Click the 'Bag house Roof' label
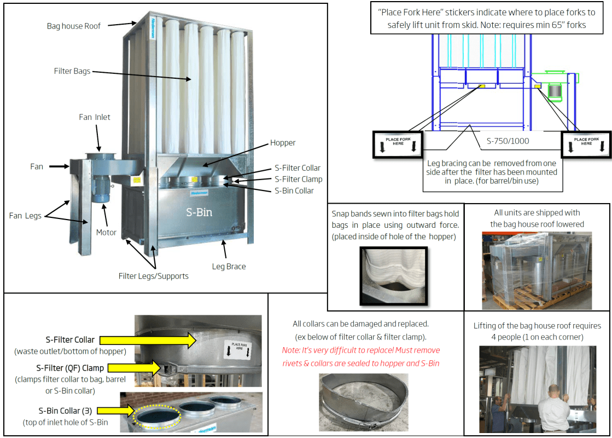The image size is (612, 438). coord(73,26)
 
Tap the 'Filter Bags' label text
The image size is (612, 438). coord(72,71)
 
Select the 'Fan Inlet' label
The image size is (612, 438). coord(94,117)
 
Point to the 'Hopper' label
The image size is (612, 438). coord(282,143)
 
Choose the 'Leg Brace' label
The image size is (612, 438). coord(229,267)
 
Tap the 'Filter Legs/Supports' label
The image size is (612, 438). coord(153,276)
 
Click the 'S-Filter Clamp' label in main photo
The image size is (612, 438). coord(298,179)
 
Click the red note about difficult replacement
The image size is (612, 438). coord(361,356)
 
